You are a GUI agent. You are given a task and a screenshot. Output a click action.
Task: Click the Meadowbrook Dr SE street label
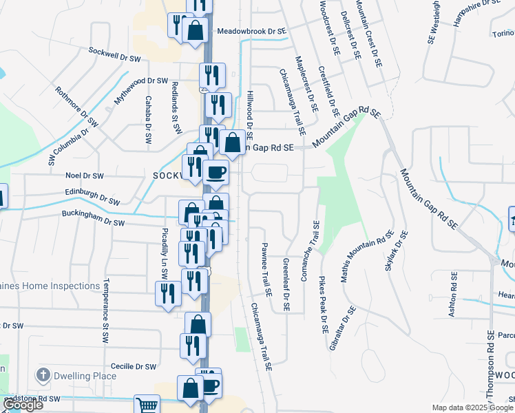coord(251,32)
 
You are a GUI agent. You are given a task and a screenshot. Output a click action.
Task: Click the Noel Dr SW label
coord(83,176)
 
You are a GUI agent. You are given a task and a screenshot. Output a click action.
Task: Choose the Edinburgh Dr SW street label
coord(90,198)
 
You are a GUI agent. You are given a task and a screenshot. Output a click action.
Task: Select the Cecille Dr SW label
coord(140,367)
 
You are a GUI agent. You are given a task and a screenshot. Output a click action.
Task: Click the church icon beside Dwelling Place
coord(43,375)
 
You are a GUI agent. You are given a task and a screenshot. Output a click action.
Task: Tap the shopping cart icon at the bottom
coord(147,405)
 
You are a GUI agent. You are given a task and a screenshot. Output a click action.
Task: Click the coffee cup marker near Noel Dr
coord(216,172)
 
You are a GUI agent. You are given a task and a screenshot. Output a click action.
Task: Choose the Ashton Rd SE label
coord(453,294)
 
